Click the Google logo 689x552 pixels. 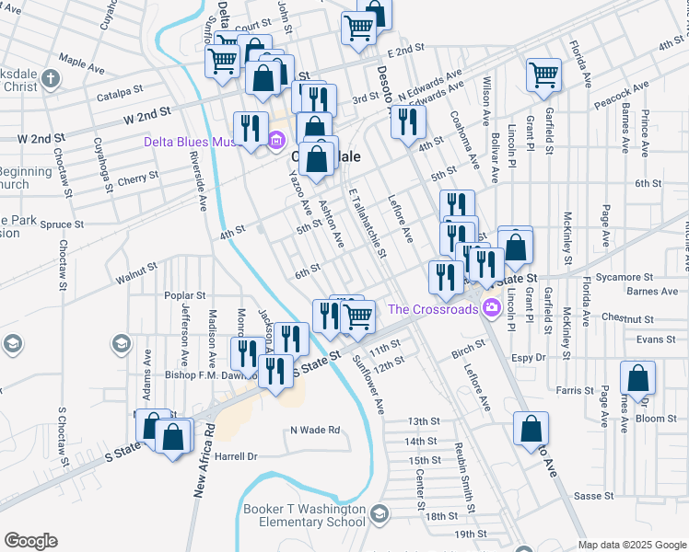pos(30,541)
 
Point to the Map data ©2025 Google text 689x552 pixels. pos(632,545)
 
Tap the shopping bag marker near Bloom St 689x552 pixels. pos(637,377)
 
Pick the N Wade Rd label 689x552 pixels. pos(315,430)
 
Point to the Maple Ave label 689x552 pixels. pos(81,66)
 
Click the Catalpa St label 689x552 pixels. pos(123,91)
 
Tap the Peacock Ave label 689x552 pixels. pos(621,96)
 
